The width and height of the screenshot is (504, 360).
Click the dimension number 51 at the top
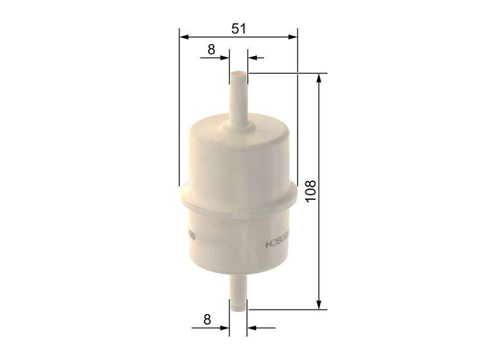[238, 28]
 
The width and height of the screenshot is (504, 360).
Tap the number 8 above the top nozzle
[211, 49]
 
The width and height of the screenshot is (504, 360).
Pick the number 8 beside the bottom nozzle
[207, 319]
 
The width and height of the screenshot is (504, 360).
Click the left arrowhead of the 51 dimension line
[183, 37]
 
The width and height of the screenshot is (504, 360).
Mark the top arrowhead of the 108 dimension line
[321, 78]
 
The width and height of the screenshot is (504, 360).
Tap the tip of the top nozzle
[238, 74]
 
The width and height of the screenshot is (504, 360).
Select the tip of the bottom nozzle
[238, 309]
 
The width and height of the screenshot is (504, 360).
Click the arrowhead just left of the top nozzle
[224, 57]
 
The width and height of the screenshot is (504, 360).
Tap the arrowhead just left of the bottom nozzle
[224, 328]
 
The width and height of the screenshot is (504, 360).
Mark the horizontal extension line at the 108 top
[283, 73]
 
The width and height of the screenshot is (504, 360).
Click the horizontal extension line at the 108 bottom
[283, 310]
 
